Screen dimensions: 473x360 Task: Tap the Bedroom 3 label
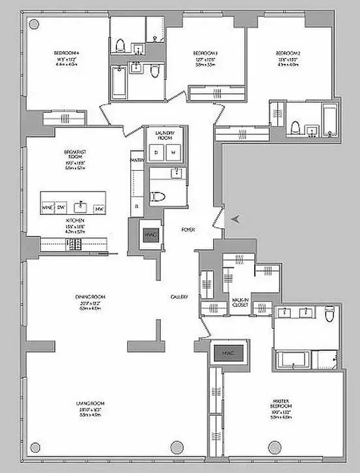pyautogui.click(x=203, y=52)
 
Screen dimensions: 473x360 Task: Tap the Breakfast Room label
pyautogui.click(x=77, y=152)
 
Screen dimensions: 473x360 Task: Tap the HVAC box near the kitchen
pyautogui.click(x=147, y=234)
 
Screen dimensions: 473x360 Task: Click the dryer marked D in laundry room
pyautogui.click(x=156, y=152)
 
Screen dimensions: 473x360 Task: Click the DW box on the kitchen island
pyautogui.click(x=61, y=208)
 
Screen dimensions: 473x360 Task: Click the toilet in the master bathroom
pyautogui.click(x=330, y=314)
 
